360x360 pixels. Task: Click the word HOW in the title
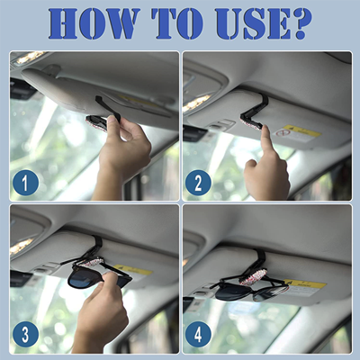click(x=94, y=23)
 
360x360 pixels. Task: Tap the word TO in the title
click(x=177, y=23)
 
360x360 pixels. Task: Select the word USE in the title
click(x=253, y=23)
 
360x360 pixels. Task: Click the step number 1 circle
click(x=25, y=183)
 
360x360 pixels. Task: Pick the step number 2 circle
click(x=198, y=183)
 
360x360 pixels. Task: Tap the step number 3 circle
click(x=25, y=334)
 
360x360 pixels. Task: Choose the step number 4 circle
click(x=198, y=334)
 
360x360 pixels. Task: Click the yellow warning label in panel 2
click(x=301, y=131)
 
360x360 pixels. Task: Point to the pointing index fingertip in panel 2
click(x=265, y=129)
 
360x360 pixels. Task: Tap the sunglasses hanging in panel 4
click(x=252, y=291)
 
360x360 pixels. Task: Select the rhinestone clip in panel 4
click(x=253, y=279)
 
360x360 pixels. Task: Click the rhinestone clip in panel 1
click(x=96, y=122)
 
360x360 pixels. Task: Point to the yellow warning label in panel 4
click(x=305, y=283)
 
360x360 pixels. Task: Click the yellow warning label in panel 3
click(x=133, y=270)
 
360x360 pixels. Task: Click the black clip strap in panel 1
click(x=108, y=108)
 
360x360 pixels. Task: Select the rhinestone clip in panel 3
click(x=90, y=262)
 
